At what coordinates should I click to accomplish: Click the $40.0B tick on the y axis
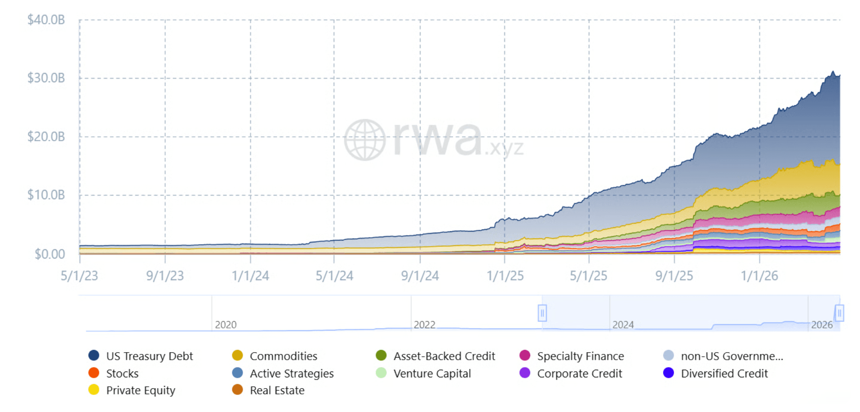[46, 20]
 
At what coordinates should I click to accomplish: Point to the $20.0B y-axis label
[46, 136]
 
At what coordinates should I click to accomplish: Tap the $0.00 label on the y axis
[50, 254]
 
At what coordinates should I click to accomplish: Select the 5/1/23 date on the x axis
[80, 276]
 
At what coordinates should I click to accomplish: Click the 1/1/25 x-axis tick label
[505, 276]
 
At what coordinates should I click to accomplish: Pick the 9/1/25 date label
[674, 276]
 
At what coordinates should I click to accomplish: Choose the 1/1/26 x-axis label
[759, 276]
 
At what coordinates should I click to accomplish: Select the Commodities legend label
[283, 356]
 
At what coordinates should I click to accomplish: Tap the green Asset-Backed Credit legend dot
[381, 356]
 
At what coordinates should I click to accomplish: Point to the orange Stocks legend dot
[94, 373]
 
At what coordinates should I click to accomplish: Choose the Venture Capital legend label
[432, 373]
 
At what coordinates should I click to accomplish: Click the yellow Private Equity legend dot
[94, 390]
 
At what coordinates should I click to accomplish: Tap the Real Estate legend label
[277, 390]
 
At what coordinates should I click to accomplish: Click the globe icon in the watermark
[365, 140]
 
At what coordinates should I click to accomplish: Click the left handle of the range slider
[542, 313]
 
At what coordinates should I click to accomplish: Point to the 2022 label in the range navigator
[424, 325]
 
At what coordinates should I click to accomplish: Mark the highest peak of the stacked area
[833, 72]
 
